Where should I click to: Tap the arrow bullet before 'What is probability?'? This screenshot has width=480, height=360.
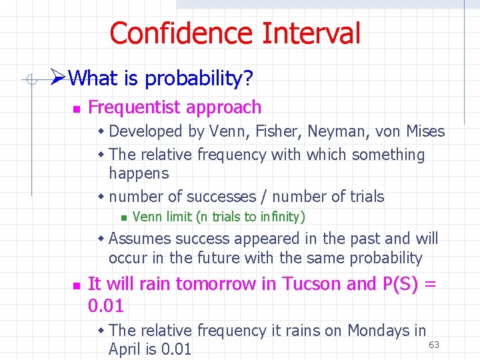click(x=58, y=79)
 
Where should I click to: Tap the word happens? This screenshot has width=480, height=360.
click(x=139, y=174)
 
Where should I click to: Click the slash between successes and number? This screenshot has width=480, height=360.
click(x=264, y=197)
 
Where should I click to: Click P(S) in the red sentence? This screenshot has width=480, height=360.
click(x=402, y=284)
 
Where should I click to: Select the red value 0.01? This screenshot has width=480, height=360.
click(x=105, y=306)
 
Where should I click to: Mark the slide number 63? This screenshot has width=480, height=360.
click(x=433, y=345)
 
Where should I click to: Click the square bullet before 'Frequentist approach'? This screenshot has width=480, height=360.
click(x=76, y=109)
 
